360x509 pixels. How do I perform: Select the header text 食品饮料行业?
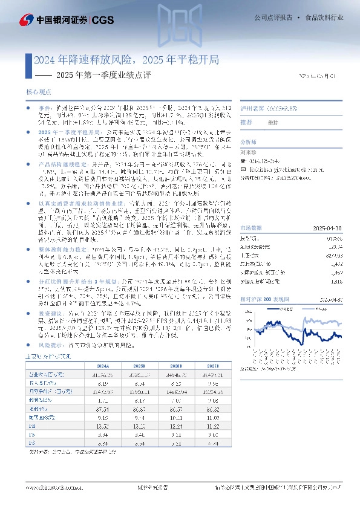[x=324, y=18]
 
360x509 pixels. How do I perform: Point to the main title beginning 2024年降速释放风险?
[x=126, y=60]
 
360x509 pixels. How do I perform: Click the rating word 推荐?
[x=246, y=122]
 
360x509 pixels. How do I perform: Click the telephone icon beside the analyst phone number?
[x=243, y=161]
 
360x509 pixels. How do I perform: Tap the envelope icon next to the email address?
[x=243, y=170]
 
